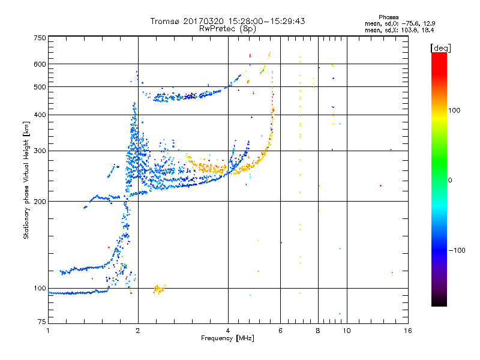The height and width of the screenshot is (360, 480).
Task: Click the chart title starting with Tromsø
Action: pos(228,21)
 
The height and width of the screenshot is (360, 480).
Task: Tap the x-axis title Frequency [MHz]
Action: pos(228,339)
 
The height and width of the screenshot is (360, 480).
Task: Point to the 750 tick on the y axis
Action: pos(40,38)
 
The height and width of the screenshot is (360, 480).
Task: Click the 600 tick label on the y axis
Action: pos(40,64)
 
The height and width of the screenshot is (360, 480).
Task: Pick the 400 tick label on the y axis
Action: pos(40,115)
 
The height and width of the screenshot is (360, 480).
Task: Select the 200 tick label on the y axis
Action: pos(40,202)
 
